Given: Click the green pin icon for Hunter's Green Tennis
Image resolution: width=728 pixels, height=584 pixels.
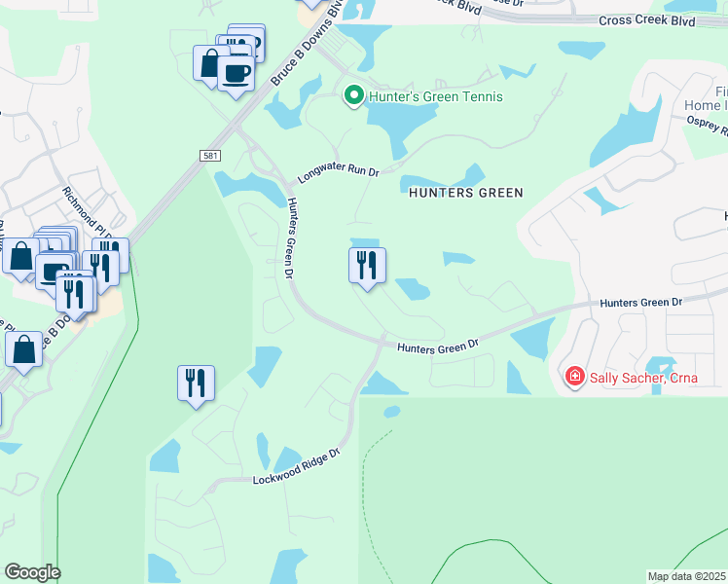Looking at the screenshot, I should [x=352, y=95].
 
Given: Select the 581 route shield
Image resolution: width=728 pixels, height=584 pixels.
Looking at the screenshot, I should [x=209, y=156].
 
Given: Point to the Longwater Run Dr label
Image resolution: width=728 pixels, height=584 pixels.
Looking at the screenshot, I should [x=337, y=172].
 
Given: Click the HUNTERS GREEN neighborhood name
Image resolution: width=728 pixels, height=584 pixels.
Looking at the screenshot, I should [x=466, y=193].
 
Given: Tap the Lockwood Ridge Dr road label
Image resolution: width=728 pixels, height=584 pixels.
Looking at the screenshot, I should [x=296, y=466].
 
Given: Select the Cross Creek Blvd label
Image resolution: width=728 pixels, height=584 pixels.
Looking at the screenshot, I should [x=647, y=19].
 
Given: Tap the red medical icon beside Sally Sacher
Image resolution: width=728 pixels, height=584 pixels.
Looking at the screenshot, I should [x=575, y=376].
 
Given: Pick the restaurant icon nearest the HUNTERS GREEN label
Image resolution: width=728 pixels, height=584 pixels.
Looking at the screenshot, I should [x=367, y=265].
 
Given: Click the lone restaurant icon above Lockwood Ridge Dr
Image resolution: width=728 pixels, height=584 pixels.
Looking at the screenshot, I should [x=196, y=383].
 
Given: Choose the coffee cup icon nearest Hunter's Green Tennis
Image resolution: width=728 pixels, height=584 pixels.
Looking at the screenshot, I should [x=236, y=71].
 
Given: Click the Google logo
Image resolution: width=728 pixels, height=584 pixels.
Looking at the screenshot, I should [x=32, y=572].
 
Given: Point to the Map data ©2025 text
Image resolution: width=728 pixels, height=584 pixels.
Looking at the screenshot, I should [x=687, y=576].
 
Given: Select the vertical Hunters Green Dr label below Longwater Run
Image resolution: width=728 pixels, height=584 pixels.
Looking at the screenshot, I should [x=290, y=237].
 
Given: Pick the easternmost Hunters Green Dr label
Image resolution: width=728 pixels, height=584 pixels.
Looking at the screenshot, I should [x=641, y=303].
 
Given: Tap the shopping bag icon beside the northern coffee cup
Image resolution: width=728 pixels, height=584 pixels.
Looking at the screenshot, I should [x=210, y=63].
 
